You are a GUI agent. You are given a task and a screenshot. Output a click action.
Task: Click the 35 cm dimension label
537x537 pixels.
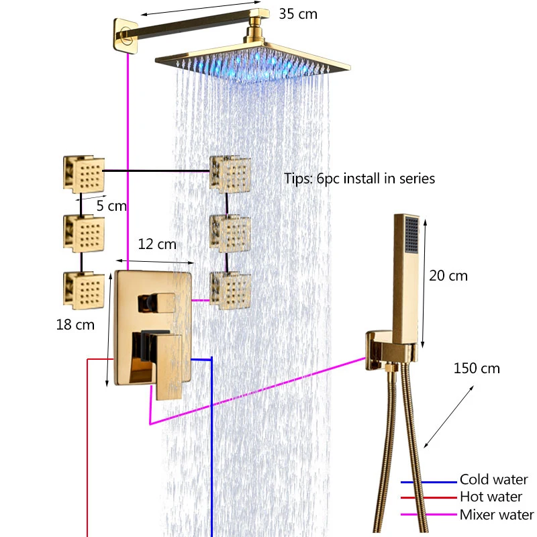click(298, 13)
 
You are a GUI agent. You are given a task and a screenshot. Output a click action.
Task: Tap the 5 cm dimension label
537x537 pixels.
click(111, 206)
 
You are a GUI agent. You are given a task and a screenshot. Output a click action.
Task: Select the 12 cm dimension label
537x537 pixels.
click(157, 244)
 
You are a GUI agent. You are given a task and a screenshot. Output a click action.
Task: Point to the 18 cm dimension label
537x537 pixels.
click(76, 325)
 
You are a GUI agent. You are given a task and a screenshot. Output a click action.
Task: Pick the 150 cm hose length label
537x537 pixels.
click(477, 369)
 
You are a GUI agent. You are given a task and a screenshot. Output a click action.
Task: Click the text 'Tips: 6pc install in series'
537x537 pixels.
click(360, 179)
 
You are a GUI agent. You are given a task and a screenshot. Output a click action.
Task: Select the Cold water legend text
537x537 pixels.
click(493, 480)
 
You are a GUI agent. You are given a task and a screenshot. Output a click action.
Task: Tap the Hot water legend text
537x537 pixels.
click(491, 497)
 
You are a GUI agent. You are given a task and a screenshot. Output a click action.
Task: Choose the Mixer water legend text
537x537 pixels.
click(497, 516)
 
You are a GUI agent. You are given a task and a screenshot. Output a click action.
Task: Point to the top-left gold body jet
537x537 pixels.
click(85, 174)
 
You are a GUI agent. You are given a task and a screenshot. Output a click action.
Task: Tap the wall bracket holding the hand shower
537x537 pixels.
click(377, 350)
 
